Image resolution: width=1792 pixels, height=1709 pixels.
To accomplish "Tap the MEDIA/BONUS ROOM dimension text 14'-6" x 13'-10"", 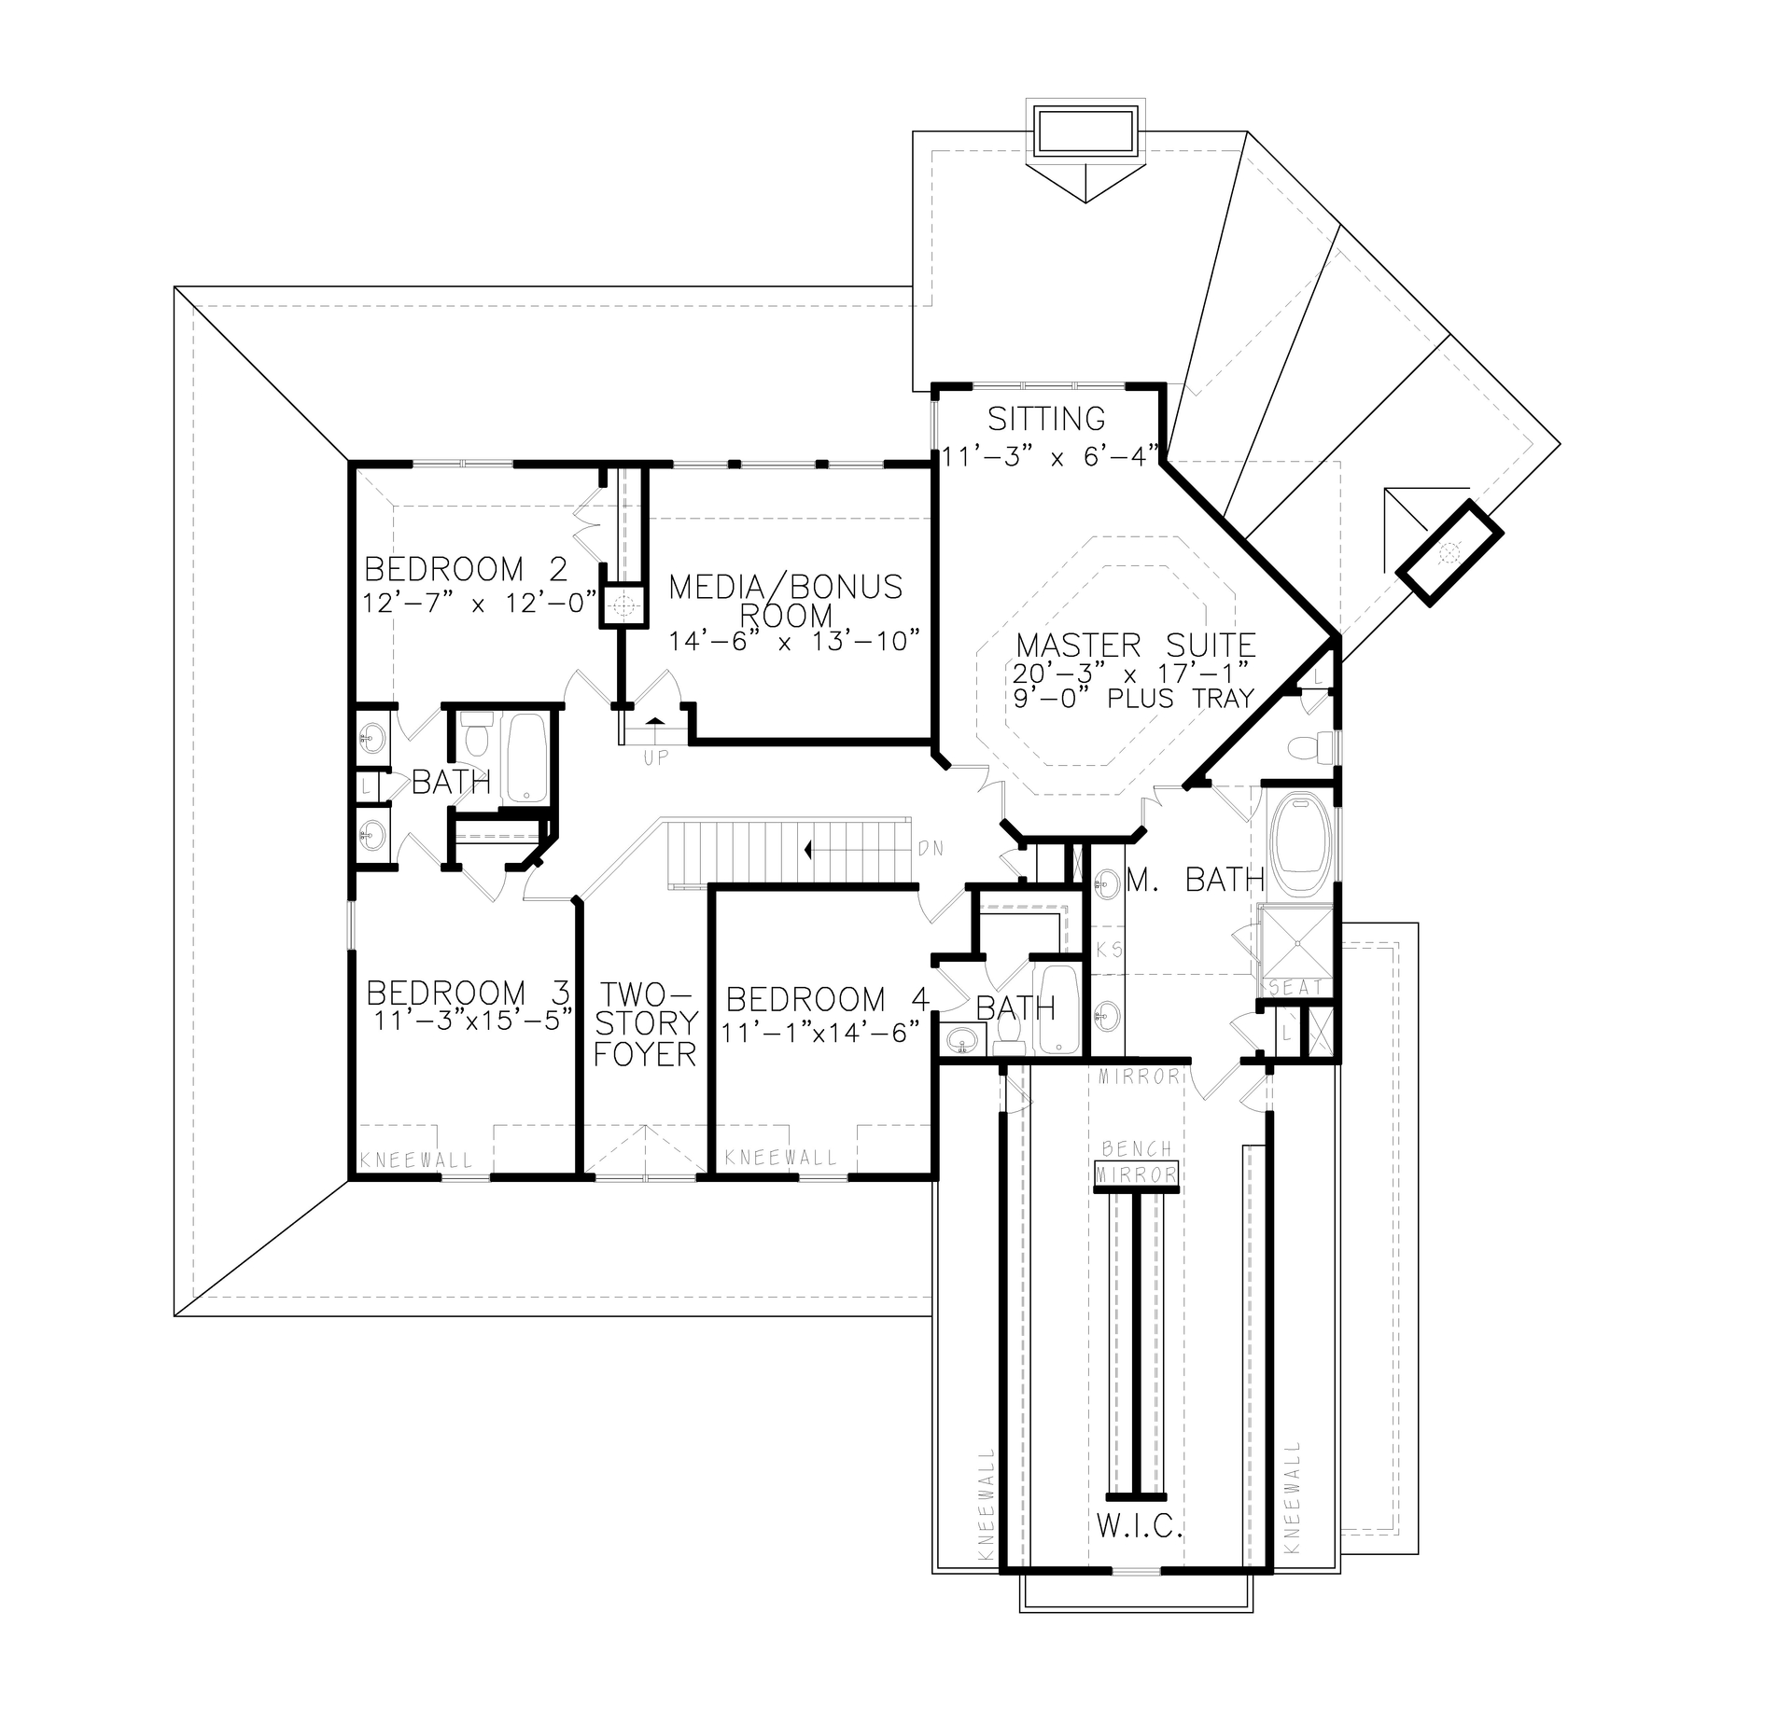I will (x=795, y=642).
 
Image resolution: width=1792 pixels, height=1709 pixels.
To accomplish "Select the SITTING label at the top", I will (x=1046, y=419).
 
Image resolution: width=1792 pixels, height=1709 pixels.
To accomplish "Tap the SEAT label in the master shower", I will (x=1295, y=987).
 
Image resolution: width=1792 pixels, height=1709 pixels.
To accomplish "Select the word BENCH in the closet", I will (x=1136, y=1149).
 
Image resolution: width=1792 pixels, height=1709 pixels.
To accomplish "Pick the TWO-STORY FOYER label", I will (x=645, y=1023).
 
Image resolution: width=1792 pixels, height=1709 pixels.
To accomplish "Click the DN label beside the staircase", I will (x=931, y=849).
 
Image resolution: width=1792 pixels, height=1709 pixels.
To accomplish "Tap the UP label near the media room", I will (x=656, y=758).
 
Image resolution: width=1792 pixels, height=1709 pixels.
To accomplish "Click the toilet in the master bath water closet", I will (x=1313, y=746).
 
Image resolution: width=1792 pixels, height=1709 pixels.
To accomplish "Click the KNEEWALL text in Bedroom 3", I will (x=416, y=1161).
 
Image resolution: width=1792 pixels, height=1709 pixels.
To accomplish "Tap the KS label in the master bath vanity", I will (x=1109, y=950).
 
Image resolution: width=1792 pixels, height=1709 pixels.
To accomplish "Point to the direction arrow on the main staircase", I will (x=808, y=850).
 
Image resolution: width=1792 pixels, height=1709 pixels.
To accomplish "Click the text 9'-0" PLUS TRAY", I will (x=1133, y=699).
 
